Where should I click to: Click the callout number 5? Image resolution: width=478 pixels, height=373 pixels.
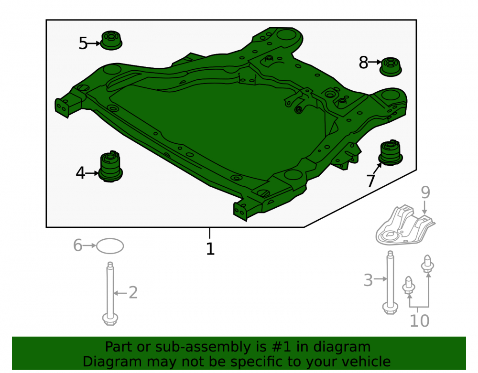tap(83, 43)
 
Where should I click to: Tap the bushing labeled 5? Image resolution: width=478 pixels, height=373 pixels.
tap(111, 40)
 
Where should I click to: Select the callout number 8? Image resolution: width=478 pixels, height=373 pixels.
tap(363, 63)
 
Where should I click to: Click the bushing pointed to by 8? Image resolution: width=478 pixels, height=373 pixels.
tap(391, 67)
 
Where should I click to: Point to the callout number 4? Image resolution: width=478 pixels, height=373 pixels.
tap(80, 173)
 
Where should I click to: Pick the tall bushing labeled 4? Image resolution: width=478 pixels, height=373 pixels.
tap(111, 166)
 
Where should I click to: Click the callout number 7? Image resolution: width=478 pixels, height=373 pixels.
tap(371, 181)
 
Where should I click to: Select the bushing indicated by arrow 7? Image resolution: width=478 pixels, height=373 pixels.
tap(391, 152)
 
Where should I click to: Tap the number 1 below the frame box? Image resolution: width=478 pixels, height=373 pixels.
tap(210, 249)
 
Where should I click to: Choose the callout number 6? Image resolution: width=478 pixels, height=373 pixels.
tap(78, 245)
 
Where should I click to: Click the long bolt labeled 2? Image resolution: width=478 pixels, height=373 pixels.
tap(110, 294)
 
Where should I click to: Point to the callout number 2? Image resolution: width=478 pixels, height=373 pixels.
tap(133, 293)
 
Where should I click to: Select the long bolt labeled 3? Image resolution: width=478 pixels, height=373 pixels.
tap(390, 283)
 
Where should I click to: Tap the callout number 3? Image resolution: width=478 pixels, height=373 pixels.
tap(368, 280)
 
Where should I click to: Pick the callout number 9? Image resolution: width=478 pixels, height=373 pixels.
tap(425, 192)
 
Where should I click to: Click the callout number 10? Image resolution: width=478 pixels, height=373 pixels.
tap(420, 320)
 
